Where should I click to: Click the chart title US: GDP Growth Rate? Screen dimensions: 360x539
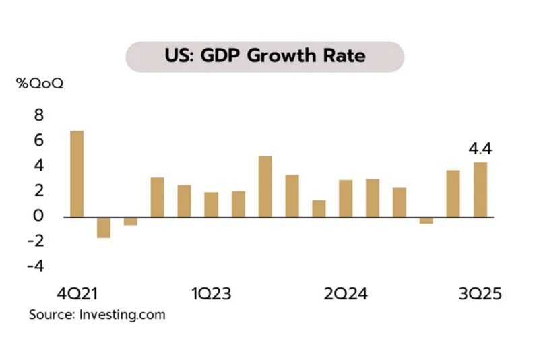pos(265,56)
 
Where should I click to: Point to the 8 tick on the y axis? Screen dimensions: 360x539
pos(38,115)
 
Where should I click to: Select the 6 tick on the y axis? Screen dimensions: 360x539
pos(38,140)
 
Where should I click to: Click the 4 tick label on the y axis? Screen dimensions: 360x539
pos(38,166)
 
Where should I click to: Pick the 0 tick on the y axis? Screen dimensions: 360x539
pos(38,216)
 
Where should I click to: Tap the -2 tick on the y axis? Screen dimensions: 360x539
pos(34,241)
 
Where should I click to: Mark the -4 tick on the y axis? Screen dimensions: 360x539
pos(34,266)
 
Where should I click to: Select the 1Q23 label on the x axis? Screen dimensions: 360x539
pos(212,295)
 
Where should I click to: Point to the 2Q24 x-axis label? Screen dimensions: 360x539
pos(346,295)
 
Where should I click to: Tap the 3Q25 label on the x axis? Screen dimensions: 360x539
pos(480,295)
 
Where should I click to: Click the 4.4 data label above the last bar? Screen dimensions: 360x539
pos(480,147)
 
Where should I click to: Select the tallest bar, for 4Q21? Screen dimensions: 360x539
pos(77,174)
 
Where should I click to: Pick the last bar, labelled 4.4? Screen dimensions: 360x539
pos(480,189)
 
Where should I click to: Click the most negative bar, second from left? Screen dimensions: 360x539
pos(104,227)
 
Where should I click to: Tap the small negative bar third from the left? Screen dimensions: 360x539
pos(131,221)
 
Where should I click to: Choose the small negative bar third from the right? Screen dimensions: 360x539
pos(426,220)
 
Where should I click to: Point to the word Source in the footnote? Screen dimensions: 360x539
pos(51,314)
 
